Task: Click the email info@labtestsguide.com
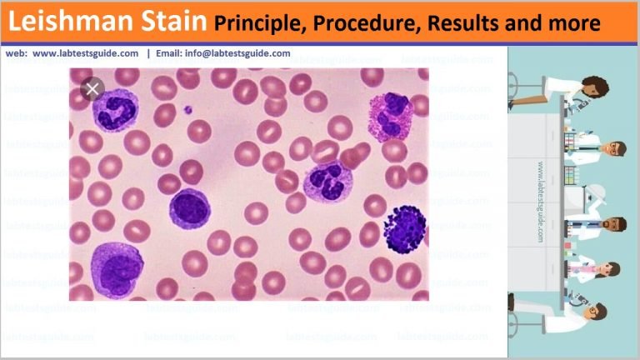pos(238,53)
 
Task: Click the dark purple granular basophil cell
pos(406,228)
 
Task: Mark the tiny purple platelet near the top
pos(188,108)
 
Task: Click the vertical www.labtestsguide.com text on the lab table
pos(542,201)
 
